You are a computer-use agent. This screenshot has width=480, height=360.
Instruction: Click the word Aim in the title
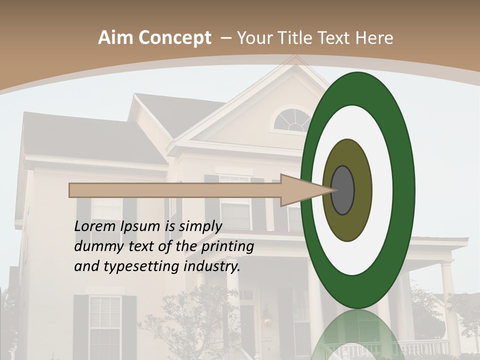click(115, 38)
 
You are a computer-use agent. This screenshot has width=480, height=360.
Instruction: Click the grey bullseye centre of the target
click(342, 190)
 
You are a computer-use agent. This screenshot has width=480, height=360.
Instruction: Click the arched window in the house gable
click(292, 120)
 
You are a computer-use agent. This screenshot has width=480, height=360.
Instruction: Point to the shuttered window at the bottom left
click(105, 325)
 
